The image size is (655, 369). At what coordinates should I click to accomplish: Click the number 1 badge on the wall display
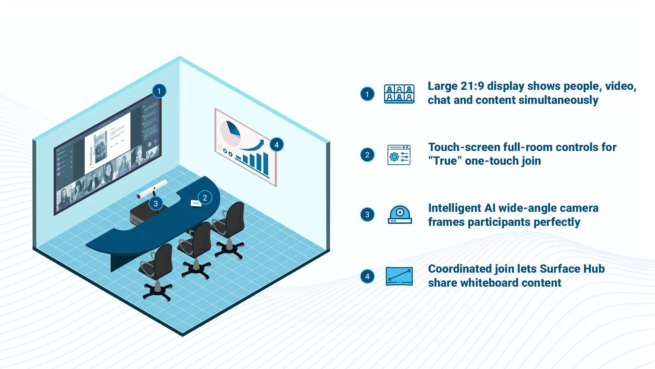click(159, 91)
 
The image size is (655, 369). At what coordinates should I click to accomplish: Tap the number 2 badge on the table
click(205, 198)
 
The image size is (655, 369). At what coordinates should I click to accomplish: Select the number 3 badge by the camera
click(156, 204)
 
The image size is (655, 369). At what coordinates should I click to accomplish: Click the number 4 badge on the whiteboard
click(276, 145)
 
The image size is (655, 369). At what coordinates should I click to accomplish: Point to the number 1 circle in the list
click(367, 94)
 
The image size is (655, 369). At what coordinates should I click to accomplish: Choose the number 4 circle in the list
click(367, 276)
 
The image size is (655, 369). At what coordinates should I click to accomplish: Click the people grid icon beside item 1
click(399, 94)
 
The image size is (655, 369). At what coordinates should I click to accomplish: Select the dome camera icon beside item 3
click(399, 215)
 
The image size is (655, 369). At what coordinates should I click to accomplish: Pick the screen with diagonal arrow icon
click(399, 276)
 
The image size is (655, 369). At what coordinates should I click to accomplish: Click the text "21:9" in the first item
click(472, 86)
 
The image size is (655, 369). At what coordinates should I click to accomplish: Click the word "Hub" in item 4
click(594, 269)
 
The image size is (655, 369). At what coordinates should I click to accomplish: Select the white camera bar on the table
click(152, 189)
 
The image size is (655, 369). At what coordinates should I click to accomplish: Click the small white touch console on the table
click(195, 204)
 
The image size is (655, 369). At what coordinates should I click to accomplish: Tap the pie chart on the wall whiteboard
click(231, 133)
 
